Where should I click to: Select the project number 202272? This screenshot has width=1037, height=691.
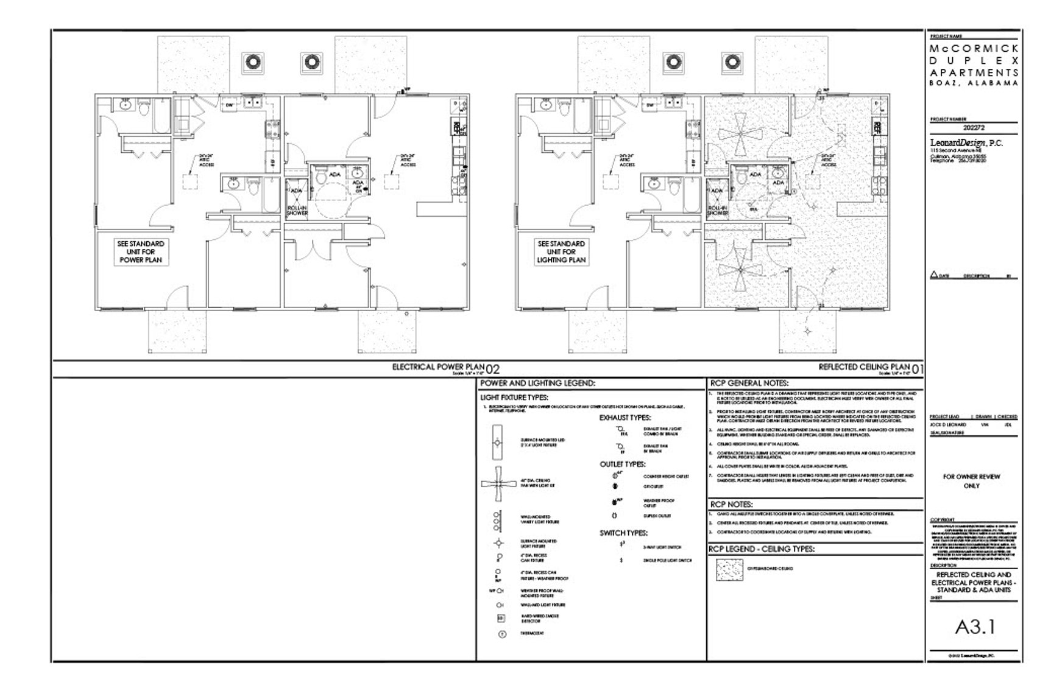(974, 128)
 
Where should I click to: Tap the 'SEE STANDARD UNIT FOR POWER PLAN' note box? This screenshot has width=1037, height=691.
(141, 251)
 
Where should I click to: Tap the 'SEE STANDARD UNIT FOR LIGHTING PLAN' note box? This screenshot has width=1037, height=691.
(561, 251)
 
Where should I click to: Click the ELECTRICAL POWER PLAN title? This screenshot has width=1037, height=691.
(438, 367)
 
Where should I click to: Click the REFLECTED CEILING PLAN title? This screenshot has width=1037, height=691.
(863, 367)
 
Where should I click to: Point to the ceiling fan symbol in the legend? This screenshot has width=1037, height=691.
(498, 484)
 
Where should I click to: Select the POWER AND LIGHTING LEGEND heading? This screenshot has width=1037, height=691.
(537, 384)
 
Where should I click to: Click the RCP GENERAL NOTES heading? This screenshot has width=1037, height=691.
(749, 384)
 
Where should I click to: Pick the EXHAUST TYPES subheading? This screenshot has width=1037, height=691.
(625, 418)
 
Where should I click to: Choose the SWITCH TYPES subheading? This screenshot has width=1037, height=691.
(623, 533)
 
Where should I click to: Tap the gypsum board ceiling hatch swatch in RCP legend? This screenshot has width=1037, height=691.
(729, 569)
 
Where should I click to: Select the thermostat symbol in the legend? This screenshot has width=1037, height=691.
(501, 634)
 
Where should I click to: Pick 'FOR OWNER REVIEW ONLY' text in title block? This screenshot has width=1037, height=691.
(971, 481)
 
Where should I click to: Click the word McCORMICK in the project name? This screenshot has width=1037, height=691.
(974, 47)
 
